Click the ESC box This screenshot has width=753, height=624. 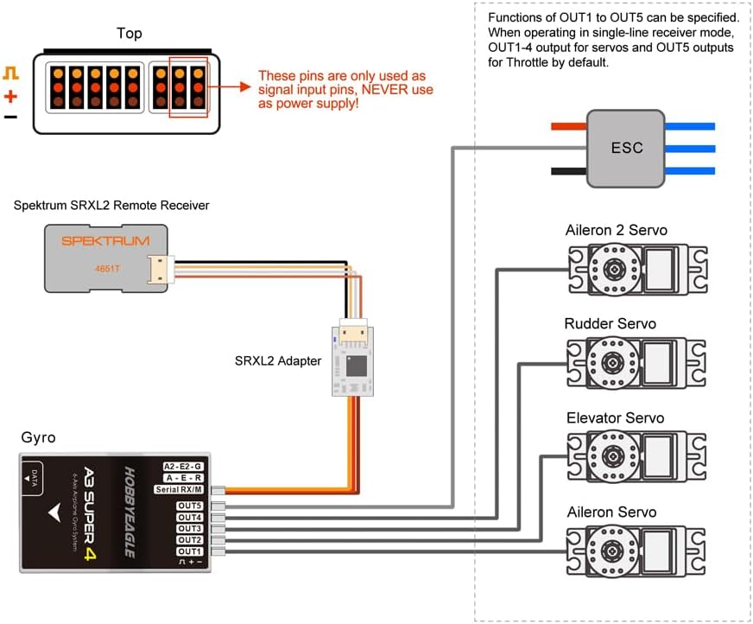pos(626,148)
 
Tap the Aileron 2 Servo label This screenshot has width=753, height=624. pos(616,230)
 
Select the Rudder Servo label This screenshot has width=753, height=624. pos(610,324)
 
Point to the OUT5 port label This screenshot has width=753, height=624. pos(190,506)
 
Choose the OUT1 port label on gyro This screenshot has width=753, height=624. pos(190,551)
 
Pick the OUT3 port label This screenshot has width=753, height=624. pos(190,529)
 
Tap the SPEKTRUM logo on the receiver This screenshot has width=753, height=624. pos(104,241)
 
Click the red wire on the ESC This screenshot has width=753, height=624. pos(568,126)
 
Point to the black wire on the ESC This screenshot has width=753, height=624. pos(568,170)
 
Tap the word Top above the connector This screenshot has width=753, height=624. pos(130,34)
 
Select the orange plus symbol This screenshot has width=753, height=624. pos(10,96)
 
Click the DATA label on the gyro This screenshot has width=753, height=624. pos(34,478)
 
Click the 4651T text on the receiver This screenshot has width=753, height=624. pos(108,269)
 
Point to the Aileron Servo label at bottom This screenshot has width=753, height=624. pos(611,513)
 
